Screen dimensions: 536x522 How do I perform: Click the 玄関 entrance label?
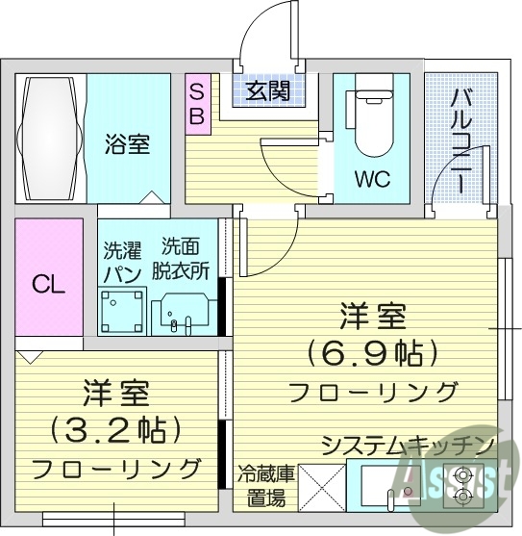point(267,92)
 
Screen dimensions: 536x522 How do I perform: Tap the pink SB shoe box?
point(196,102)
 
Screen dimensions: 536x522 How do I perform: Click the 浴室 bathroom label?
point(127,145)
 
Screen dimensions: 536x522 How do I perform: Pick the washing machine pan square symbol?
point(123,311)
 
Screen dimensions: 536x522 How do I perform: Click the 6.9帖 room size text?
point(372,352)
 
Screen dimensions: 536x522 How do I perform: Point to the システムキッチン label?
point(408,446)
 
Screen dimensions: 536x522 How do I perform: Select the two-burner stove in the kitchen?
point(465,485)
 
